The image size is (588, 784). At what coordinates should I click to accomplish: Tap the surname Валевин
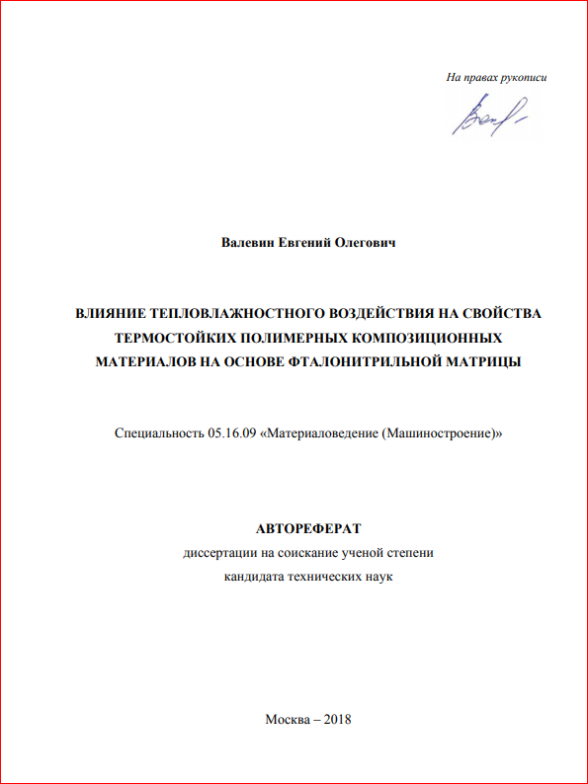(248, 242)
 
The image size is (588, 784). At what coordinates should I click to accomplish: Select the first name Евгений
(309, 242)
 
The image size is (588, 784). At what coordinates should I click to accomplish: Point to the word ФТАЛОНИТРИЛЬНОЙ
(371, 361)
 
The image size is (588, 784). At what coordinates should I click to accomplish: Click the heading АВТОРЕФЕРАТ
(309, 528)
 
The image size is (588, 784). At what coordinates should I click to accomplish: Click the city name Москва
(287, 718)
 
